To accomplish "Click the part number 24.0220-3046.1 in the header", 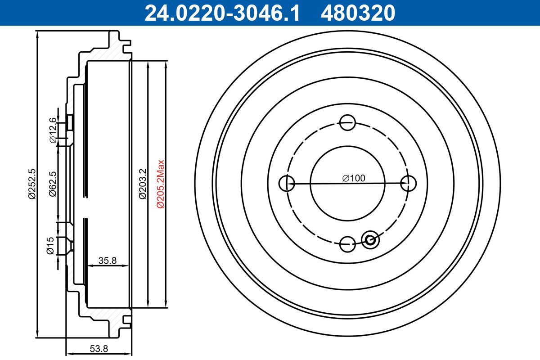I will click(221, 13).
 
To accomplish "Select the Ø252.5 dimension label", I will click(31, 184).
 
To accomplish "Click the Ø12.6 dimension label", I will click(53, 130).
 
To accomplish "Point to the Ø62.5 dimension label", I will click(53, 184).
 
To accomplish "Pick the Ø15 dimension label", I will click(51, 245).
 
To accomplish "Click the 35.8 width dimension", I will click(108, 260).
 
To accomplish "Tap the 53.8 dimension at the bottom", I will click(99, 348).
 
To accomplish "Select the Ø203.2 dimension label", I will click(142, 184).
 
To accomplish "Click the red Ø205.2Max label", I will click(161, 184).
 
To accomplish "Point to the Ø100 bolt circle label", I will click(353, 178).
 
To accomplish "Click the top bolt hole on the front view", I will click(347, 122).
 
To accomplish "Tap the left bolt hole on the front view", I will click(287, 183).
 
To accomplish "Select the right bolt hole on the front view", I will click(408, 183).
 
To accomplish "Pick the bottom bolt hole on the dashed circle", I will click(347, 244).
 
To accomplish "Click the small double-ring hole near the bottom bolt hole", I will click(371, 239).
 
